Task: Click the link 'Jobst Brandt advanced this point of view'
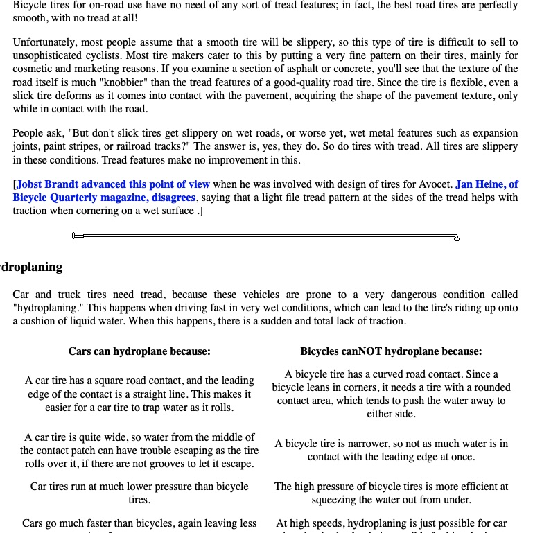[113, 184]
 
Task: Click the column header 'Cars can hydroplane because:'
[139, 351]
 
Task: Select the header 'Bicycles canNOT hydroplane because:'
[391, 351]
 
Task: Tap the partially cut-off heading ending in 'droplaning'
[31, 267]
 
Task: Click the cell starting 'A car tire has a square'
[139, 394]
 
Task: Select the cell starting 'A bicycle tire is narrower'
[391, 450]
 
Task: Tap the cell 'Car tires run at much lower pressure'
[139, 493]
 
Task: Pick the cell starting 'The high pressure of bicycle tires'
[391, 493]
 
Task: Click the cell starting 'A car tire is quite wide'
[139, 450]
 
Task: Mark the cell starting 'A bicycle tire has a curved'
[391, 394]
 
